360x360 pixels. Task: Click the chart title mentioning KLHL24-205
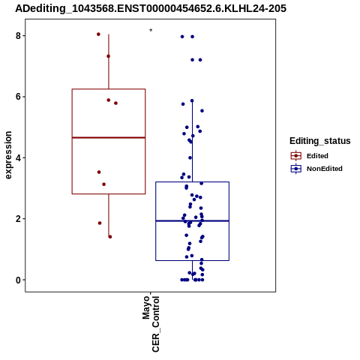[x=151, y=8]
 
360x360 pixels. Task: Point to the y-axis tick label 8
[x=18, y=36]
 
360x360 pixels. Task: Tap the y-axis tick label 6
[x=18, y=97]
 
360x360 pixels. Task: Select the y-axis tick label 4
[x=18, y=157]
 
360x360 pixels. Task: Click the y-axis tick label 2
[x=18, y=219]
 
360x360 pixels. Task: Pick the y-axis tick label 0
[x=18, y=280]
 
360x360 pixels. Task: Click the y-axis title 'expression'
[x=8, y=155]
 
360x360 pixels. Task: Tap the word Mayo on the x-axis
[x=146, y=307]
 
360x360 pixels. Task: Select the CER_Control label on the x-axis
[x=155, y=324]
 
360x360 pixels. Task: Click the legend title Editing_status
[x=320, y=141]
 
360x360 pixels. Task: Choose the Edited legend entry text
[x=317, y=156]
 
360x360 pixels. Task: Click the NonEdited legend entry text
[x=325, y=169]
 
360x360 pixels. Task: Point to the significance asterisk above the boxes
[x=151, y=31]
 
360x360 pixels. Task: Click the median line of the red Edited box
[x=109, y=137]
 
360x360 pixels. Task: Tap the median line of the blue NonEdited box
[x=192, y=220]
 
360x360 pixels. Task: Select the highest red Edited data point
[x=98, y=34]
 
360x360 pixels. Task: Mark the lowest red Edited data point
[x=110, y=237]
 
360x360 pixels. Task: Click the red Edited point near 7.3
[x=108, y=56]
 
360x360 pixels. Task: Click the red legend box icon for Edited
[x=296, y=156]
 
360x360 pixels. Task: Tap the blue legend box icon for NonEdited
[x=296, y=169]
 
